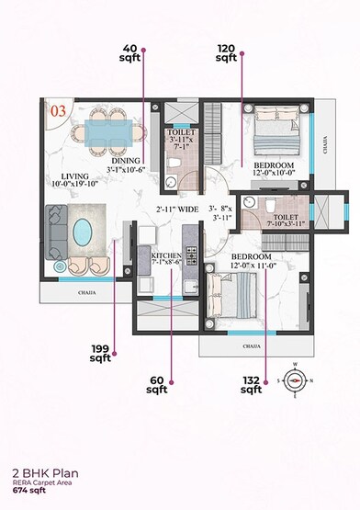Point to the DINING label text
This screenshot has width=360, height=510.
tap(125, 158)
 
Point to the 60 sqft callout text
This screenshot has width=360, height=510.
tap(158, 383)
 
